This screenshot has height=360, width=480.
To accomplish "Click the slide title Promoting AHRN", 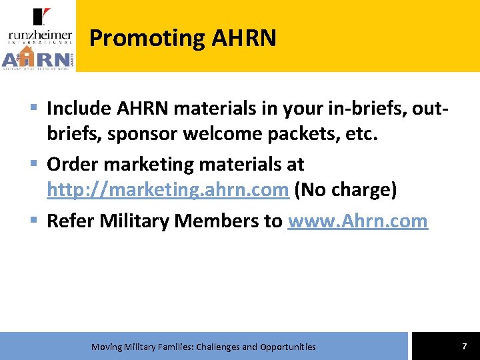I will pos(182,38).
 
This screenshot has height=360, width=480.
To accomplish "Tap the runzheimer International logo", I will pos(40,25).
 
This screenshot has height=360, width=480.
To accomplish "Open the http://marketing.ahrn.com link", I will pos(167,191).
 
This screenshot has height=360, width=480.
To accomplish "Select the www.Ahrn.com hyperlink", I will pos(357,221).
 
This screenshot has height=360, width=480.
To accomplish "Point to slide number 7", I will pos(464,346).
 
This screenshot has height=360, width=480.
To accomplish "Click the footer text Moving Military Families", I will pos(203,347).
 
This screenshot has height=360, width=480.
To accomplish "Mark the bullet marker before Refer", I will pos(33,221).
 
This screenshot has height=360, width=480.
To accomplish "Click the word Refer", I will pos(70,221).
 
